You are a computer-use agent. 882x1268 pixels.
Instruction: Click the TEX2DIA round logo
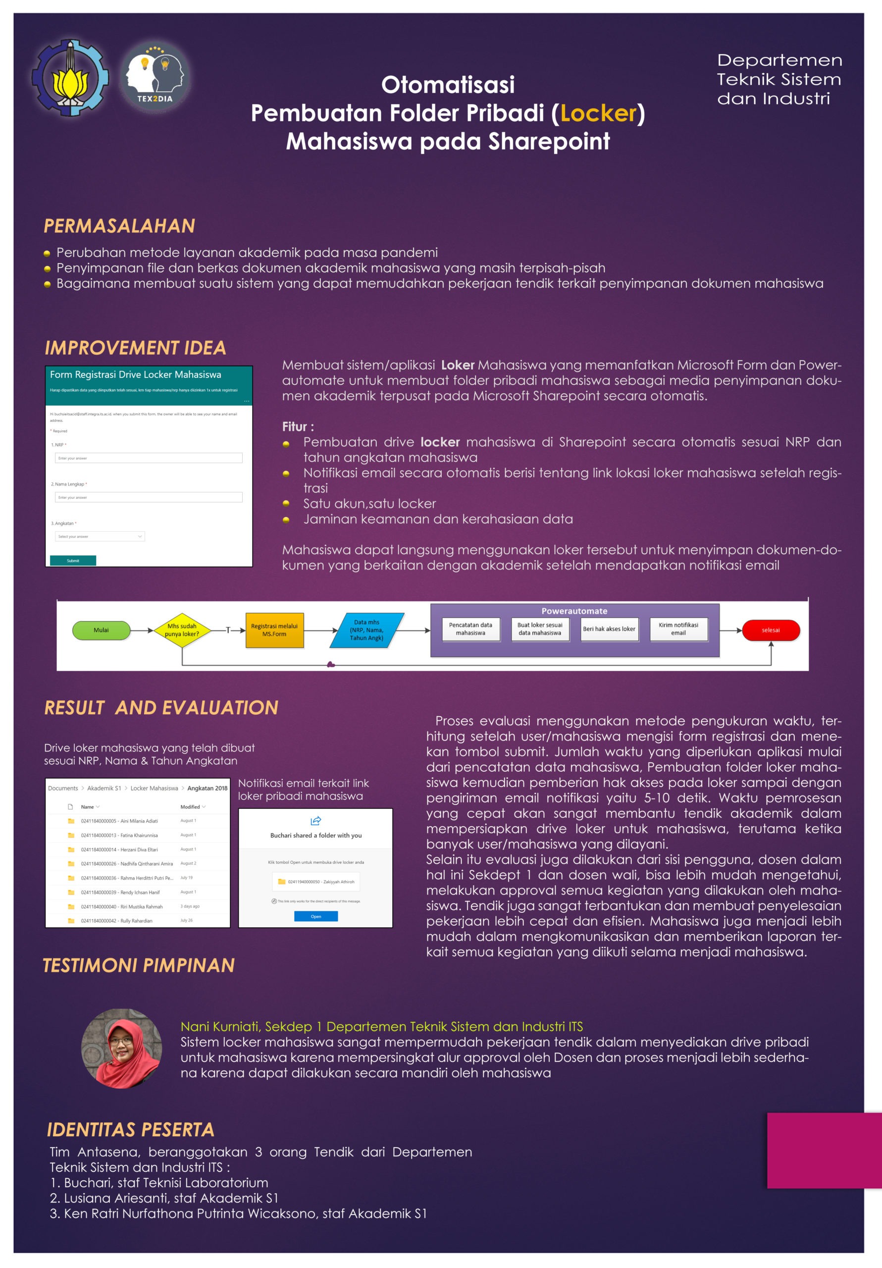tap(155, 77)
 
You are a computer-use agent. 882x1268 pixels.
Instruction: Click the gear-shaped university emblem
tap(70, 77)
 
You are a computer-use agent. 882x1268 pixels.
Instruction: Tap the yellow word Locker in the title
tap(599, 113)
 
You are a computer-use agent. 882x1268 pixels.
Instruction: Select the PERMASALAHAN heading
tap(119, 226)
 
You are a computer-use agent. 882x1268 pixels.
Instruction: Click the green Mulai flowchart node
tap(101, 630)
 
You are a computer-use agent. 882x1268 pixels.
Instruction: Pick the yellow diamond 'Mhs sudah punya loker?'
tap(182, 630)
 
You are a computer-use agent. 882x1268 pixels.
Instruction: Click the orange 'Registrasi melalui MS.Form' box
tap(274, 630)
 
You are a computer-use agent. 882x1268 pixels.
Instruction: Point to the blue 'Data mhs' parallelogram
tap(367, 630)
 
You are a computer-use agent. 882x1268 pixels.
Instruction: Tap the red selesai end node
tap(771, 630)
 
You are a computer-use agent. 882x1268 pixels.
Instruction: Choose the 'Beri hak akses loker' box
tap(609, 629)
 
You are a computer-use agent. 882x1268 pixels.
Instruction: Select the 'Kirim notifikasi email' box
tap(678, 629)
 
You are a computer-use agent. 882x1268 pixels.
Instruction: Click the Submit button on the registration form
tap(73, 561)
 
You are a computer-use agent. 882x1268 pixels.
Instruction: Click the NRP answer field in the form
tap(148, 458)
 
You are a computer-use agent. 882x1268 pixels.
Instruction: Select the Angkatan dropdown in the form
tap(100, 536)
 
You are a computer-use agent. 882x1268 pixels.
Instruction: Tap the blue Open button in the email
tap(316, 916)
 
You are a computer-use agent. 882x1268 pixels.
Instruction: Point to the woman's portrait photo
tap(121, 1049)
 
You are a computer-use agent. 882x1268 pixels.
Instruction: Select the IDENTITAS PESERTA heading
tap(130, 1130)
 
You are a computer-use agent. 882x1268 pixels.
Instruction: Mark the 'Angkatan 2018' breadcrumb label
tap(207, 788)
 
